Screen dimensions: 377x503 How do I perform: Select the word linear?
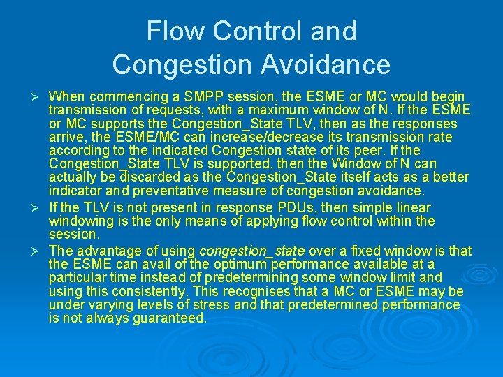pyautogui.click(x=414, y=207)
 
